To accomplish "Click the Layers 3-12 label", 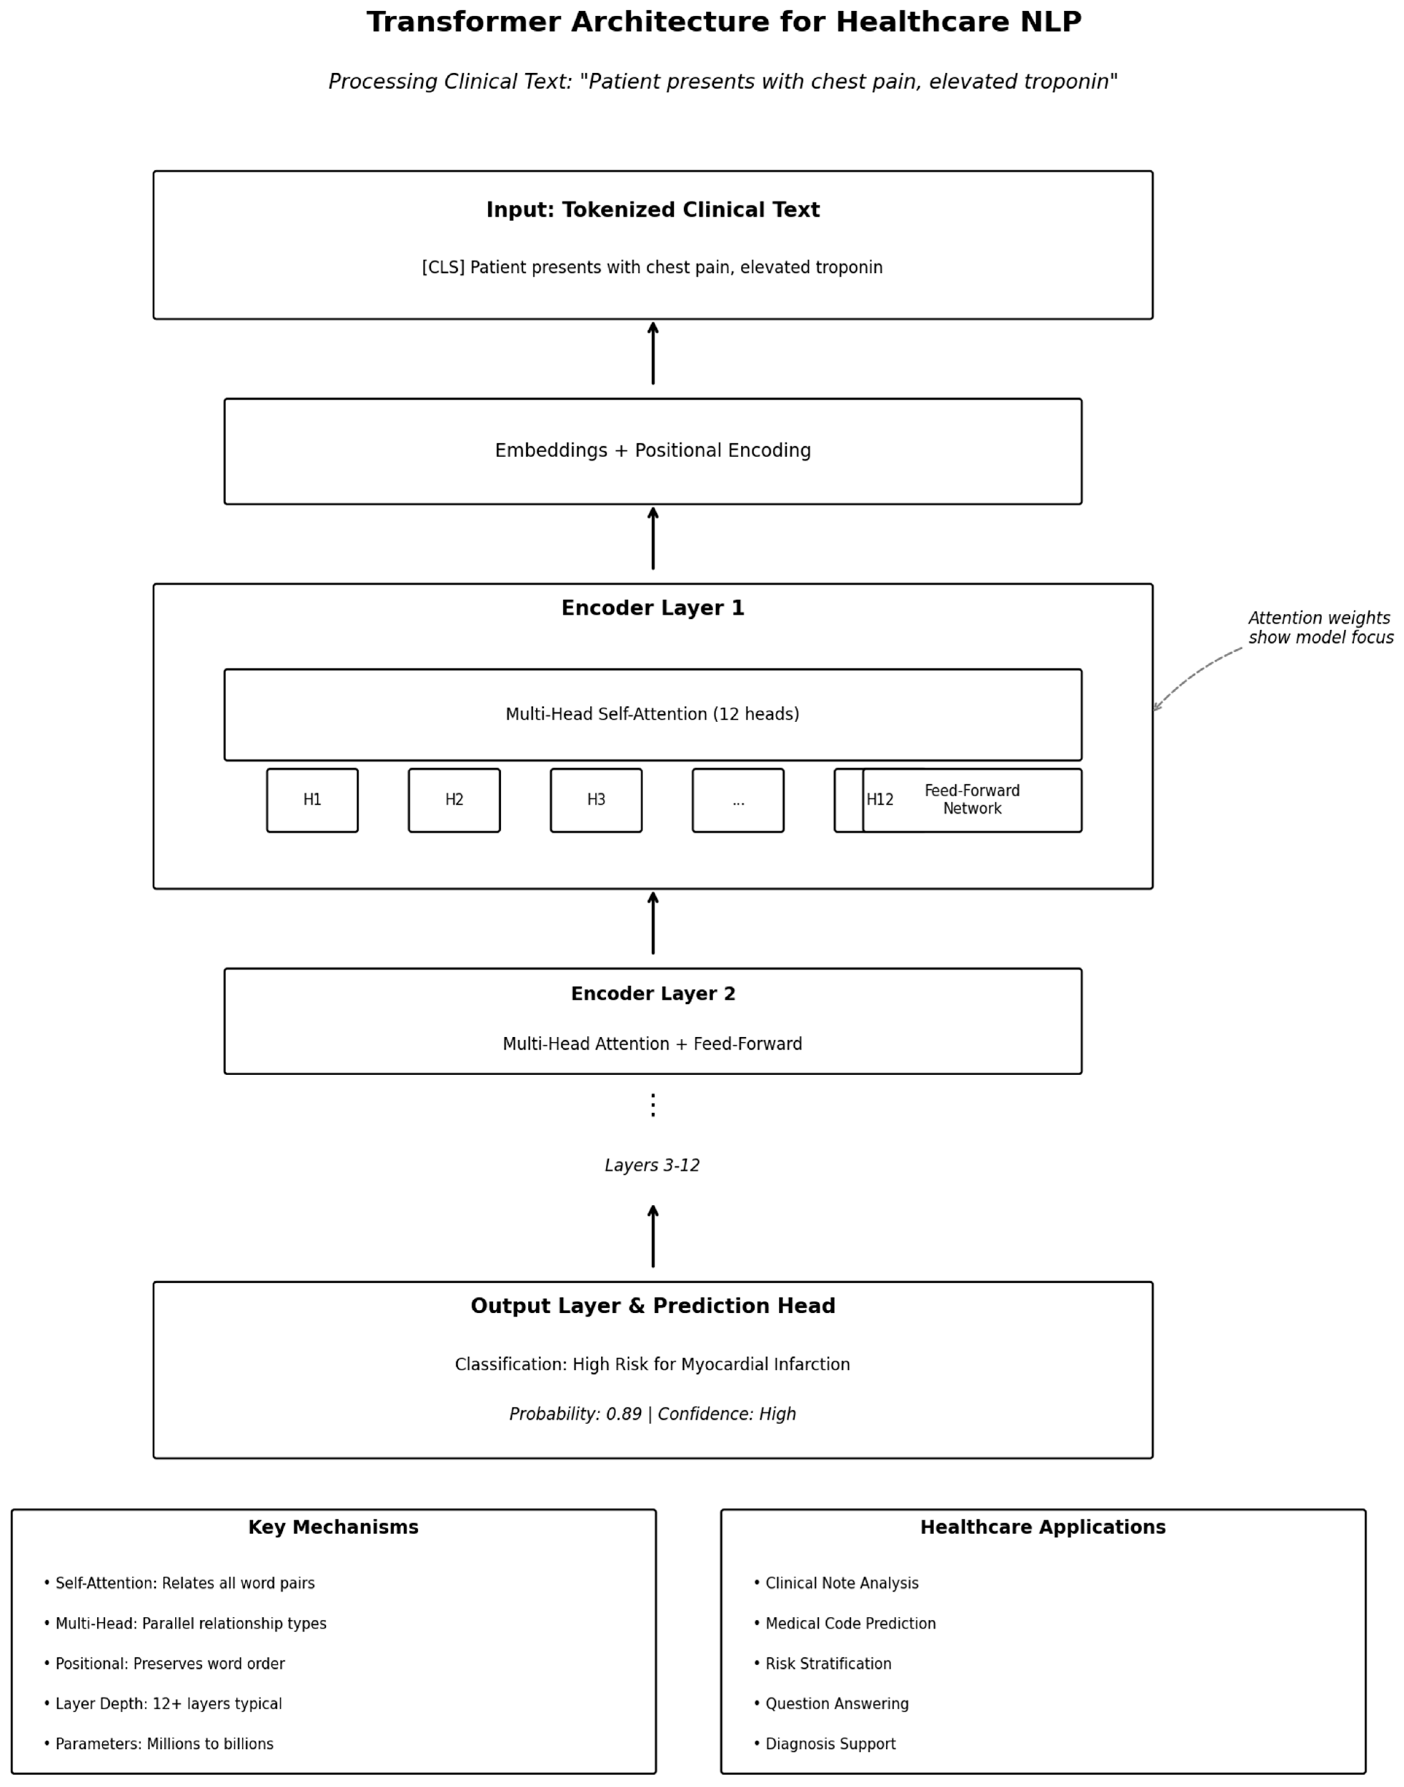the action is [x=653, y=1166].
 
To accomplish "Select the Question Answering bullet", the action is [x=831, y=1704].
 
